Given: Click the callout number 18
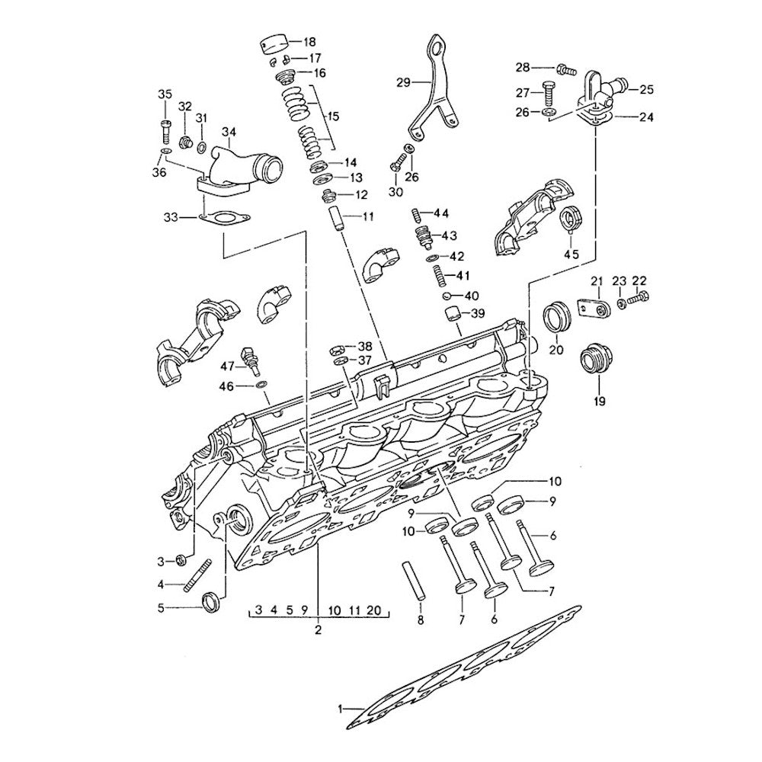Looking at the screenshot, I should [x=309, y=41].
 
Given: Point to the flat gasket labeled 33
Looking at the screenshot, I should [x=220, y=219].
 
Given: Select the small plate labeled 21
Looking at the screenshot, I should [x=595, y=308].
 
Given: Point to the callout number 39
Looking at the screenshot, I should [x=476, y=314].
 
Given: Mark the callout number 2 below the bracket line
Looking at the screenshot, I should [x=319, y=630].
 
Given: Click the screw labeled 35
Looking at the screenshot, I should [x=165, y=126].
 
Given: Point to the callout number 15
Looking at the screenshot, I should [x=331, y=118].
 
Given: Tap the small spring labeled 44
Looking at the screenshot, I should [x=417, y=212].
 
